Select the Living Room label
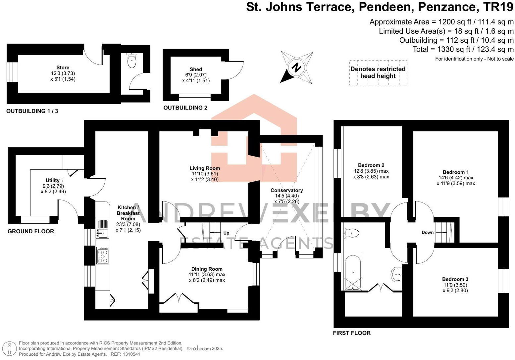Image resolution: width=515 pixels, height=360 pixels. pos(205,168)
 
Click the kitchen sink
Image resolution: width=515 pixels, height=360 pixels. pos(102,229)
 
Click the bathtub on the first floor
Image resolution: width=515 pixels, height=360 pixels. pos(353,272)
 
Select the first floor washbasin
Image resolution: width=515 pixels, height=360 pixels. pos(397,274)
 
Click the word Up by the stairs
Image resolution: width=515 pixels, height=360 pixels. pos(226,233)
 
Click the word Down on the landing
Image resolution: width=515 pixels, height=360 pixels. pos(427,232)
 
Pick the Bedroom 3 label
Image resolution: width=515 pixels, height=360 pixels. pos(455,279)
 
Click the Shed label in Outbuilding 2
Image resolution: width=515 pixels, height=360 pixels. pos(196,69)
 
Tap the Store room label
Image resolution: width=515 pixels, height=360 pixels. pos(63,67)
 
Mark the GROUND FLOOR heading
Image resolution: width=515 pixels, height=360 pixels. pos(31,231)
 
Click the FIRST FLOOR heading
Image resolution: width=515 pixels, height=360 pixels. pos(352,333)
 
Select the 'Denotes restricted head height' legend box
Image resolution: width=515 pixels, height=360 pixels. pos(378,72)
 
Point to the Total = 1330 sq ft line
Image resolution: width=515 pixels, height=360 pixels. pos(463,49)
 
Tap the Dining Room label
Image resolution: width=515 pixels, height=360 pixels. pos(207,269)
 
